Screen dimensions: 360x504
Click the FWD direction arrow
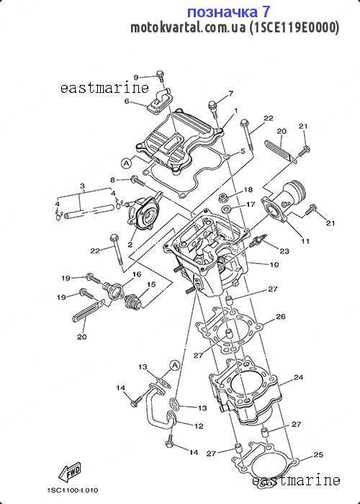(69, 472)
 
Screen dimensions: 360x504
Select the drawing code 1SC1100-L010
(73, 490)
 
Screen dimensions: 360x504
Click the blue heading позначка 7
(229, 12)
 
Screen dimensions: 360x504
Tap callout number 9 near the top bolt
(136, 77)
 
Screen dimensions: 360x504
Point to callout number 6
(127, 102)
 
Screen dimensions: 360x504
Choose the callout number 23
(284, 251)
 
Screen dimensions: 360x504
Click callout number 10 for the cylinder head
(274, 265)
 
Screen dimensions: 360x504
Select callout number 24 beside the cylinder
(299, 377)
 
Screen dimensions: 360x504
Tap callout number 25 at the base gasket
(318, 454)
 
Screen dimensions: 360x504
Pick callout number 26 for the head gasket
(281, 317)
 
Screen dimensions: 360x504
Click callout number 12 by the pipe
(199, 426)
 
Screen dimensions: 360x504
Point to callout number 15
(151, 284)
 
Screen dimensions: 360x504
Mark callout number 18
(248, 189)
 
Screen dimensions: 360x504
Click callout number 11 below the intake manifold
(305, 240)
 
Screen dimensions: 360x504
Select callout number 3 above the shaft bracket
(82, 186)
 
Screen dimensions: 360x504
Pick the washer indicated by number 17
(228, 210)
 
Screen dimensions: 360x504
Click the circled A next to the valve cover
(126, 163)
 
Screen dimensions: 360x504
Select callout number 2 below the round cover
(130, 245)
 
